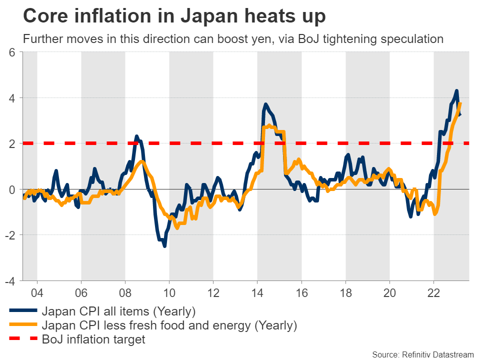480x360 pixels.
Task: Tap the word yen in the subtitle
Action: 258,39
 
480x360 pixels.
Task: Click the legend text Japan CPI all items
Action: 118,311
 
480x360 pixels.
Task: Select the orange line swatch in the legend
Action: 23,325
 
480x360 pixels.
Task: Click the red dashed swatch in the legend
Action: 23,340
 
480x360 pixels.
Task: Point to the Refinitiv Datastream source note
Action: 423,354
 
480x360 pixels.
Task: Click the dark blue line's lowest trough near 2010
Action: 165,245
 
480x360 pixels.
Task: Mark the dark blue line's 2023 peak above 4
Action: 456,91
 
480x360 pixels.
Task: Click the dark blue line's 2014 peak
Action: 265,104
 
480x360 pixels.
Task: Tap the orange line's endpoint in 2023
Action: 460,103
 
